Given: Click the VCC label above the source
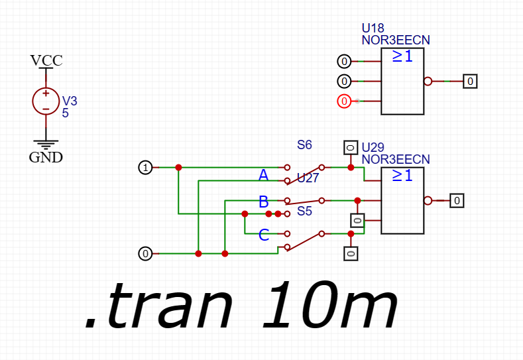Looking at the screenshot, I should pyautogui.click(x=46, y=61).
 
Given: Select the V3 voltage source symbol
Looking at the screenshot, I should pyautogui.click(x=46, y=101).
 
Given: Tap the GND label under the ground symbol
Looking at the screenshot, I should pyautogui.click(x=46, y=157).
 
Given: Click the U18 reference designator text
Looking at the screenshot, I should pyautogui.click(x=373, y=29).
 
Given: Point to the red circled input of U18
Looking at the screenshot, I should pyautogui.click(x=343, y=101).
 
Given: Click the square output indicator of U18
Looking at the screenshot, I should pyautogui.click(x=470, y=82).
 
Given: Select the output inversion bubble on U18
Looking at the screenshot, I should pyautogui.click(x=428, y=82).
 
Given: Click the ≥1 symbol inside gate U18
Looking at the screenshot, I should pyautogui.click(x=402, y=57).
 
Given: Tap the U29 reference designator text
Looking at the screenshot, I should pyautogui.click(x=373, y=148).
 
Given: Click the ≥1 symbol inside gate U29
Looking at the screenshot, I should pyautogui.click(x=402, y=176).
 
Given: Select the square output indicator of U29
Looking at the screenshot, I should pyautogui.click(x=457, y=200).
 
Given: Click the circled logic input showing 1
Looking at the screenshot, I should pyautogui.click(x=145, y=167).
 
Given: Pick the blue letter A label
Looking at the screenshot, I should pyautogui.click(x=263, y=175).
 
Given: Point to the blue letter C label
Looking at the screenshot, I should pyautogui.click(x=264, y=234).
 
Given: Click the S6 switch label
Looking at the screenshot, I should pyautogui.click(x=304, y=145).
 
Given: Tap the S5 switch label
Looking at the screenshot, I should pyautogui.click(x=304, y=211).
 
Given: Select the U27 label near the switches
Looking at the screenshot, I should pyautogui.click(x=308, y=178).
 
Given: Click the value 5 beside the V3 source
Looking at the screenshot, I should pyautogui.click(x=66, y=113).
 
